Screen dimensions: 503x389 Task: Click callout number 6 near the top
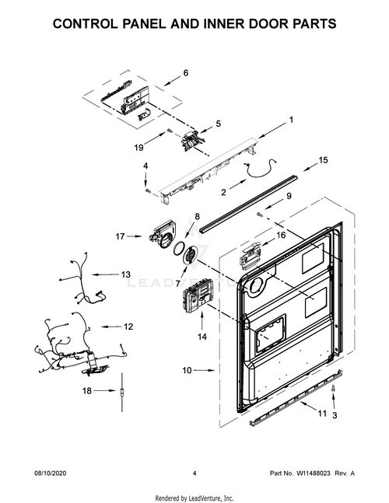coord(186,73)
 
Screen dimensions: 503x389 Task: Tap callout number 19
coord(138,147)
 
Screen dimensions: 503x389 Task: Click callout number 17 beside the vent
coord(121,236)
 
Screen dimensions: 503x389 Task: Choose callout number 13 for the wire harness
coord(125,274)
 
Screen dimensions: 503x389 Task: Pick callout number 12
coord(128,327)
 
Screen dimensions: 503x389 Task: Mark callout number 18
coord(88,390)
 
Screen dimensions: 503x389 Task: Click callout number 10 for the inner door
coord(187,371)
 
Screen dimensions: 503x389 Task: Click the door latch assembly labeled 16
coord(251,257)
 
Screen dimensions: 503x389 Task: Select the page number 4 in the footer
coord(194,473)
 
